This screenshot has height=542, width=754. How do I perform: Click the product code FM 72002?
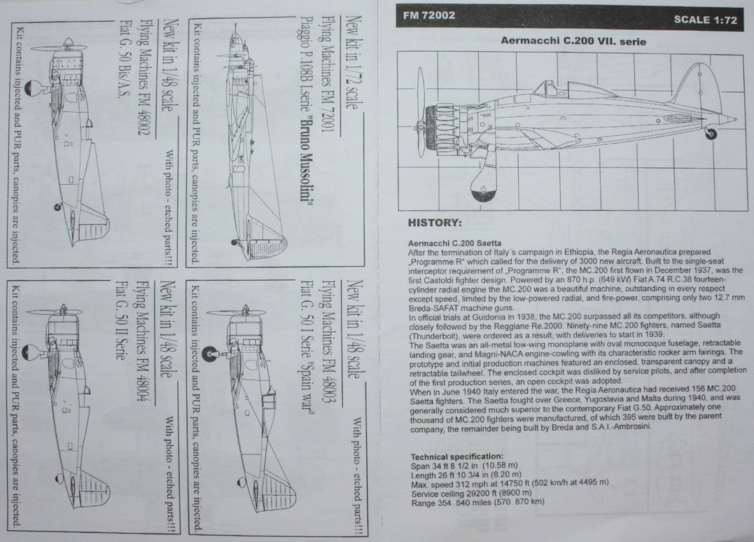(430, 15)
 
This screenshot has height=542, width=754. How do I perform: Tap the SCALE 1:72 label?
(705, 20)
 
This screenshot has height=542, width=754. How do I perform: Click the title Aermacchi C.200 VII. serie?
(573, 41)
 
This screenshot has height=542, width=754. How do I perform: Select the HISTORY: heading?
(435, 223)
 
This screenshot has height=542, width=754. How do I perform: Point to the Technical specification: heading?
(456, 456)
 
